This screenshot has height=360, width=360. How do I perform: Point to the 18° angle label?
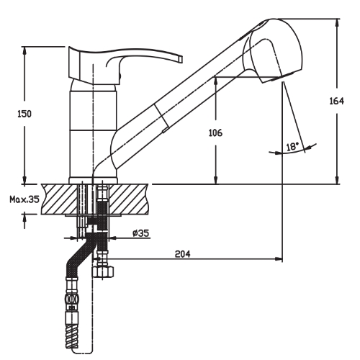pyautogui.click(x=292, y=146)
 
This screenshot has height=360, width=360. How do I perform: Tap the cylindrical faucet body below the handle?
pyautogui.click(x=91, y=130)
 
